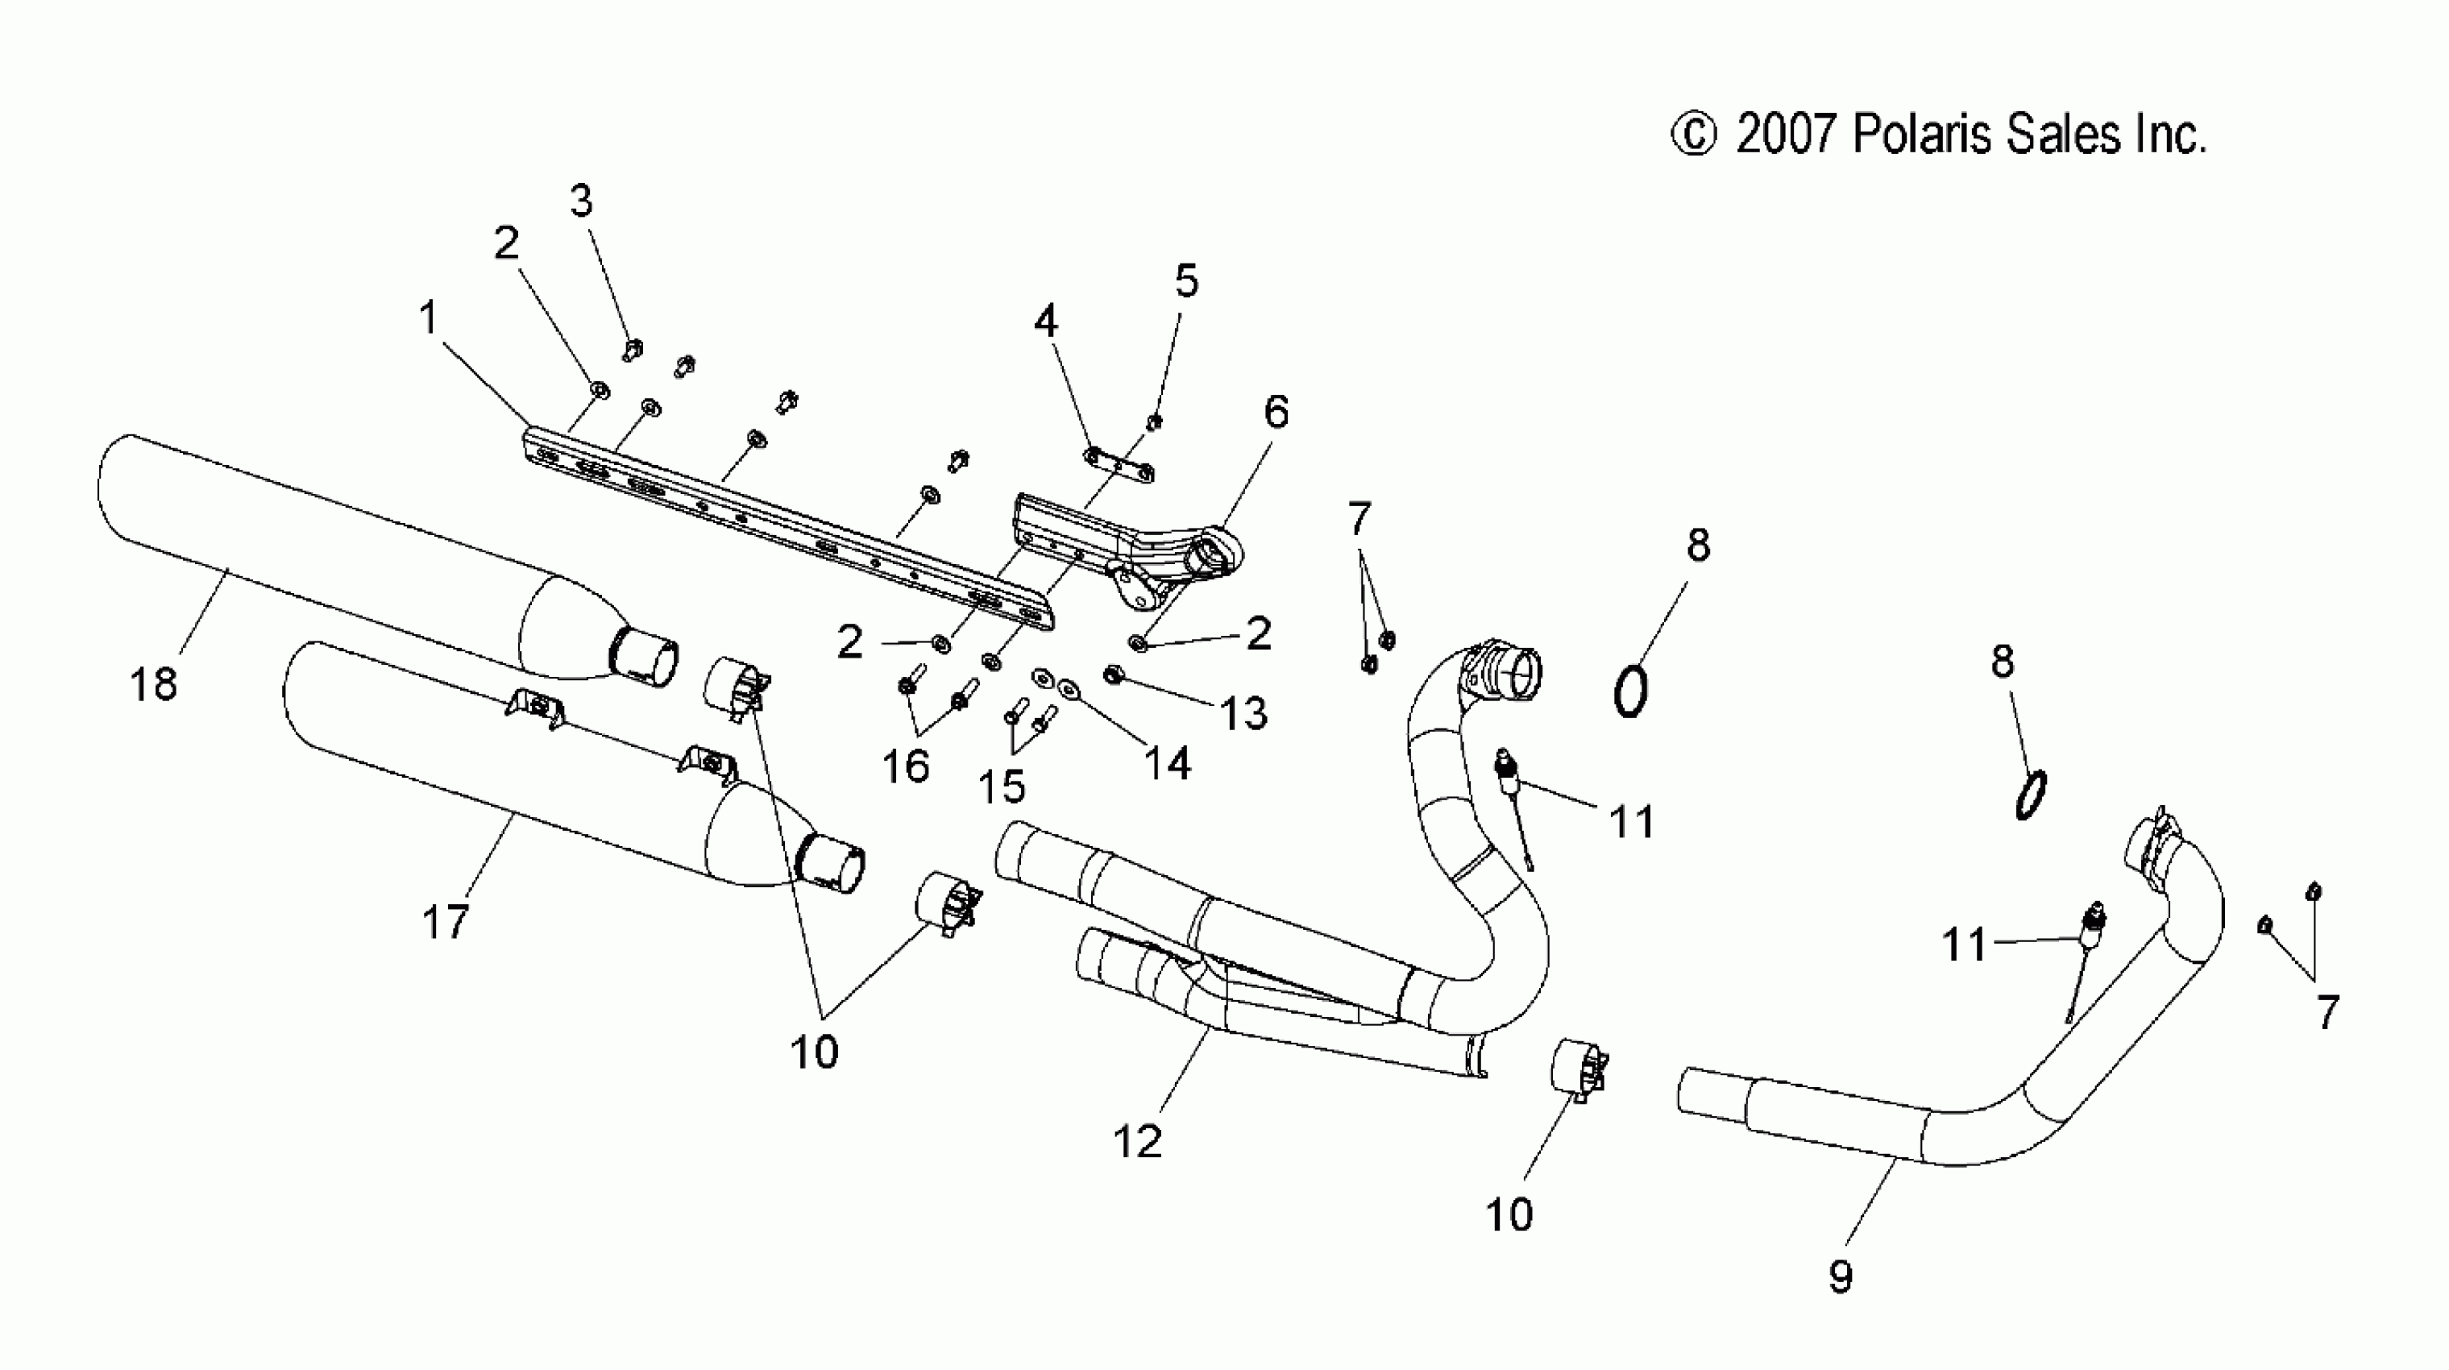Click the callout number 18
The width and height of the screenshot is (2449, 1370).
point(153,683)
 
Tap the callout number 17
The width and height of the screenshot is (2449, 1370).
point(445,920)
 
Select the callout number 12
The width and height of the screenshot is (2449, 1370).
point(1137,1141)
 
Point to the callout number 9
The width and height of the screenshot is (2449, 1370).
point(1841,1276)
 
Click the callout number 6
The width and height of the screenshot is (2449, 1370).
point(1276,412)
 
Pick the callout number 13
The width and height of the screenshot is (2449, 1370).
point(1243,713)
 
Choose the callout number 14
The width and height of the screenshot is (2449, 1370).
point(1167,762)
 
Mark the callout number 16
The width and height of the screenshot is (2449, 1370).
point(905,766)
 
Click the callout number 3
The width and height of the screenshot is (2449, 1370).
point(581,201)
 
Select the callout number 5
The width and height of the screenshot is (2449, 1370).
point(1186,280)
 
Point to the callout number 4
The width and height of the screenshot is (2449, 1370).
point(1046,322)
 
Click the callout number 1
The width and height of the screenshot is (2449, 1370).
point(429,318)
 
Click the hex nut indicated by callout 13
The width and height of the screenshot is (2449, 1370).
point(1110,675)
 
